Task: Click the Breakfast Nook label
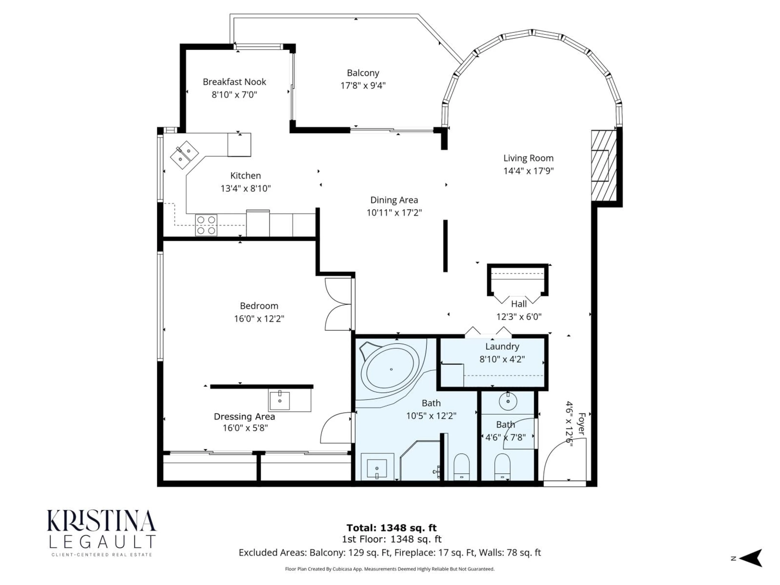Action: click(x=234, y=82)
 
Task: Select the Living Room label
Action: click(x=528, y=158)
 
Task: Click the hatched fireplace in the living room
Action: click(x=604, y=166)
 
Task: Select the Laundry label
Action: click(x=502, y=346)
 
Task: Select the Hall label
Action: click(x=519, y=304)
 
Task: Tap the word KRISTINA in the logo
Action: click(x=102, y=521)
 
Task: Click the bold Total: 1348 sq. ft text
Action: click(x=391, y=528)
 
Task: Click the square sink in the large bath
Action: click(x=377, y=468)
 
